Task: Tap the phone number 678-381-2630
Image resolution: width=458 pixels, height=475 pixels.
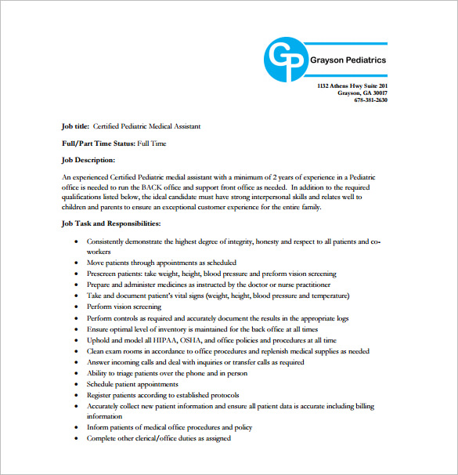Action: click(x=370, y=100)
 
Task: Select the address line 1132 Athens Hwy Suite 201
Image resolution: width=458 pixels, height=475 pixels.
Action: click(x=352, y=85)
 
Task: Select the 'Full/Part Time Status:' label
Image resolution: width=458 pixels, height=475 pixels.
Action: click(x=98, y=143)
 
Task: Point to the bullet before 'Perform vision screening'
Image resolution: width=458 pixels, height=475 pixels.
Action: click(x=75, y=308)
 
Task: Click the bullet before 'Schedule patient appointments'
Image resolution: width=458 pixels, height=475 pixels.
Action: click(x=75, y=385)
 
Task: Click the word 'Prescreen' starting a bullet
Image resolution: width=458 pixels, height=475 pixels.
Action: click(x=103, y=274)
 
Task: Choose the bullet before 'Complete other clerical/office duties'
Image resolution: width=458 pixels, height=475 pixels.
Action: click(x=75, y=439)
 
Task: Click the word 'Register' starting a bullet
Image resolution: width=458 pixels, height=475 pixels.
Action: click(x=101, y=396)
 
